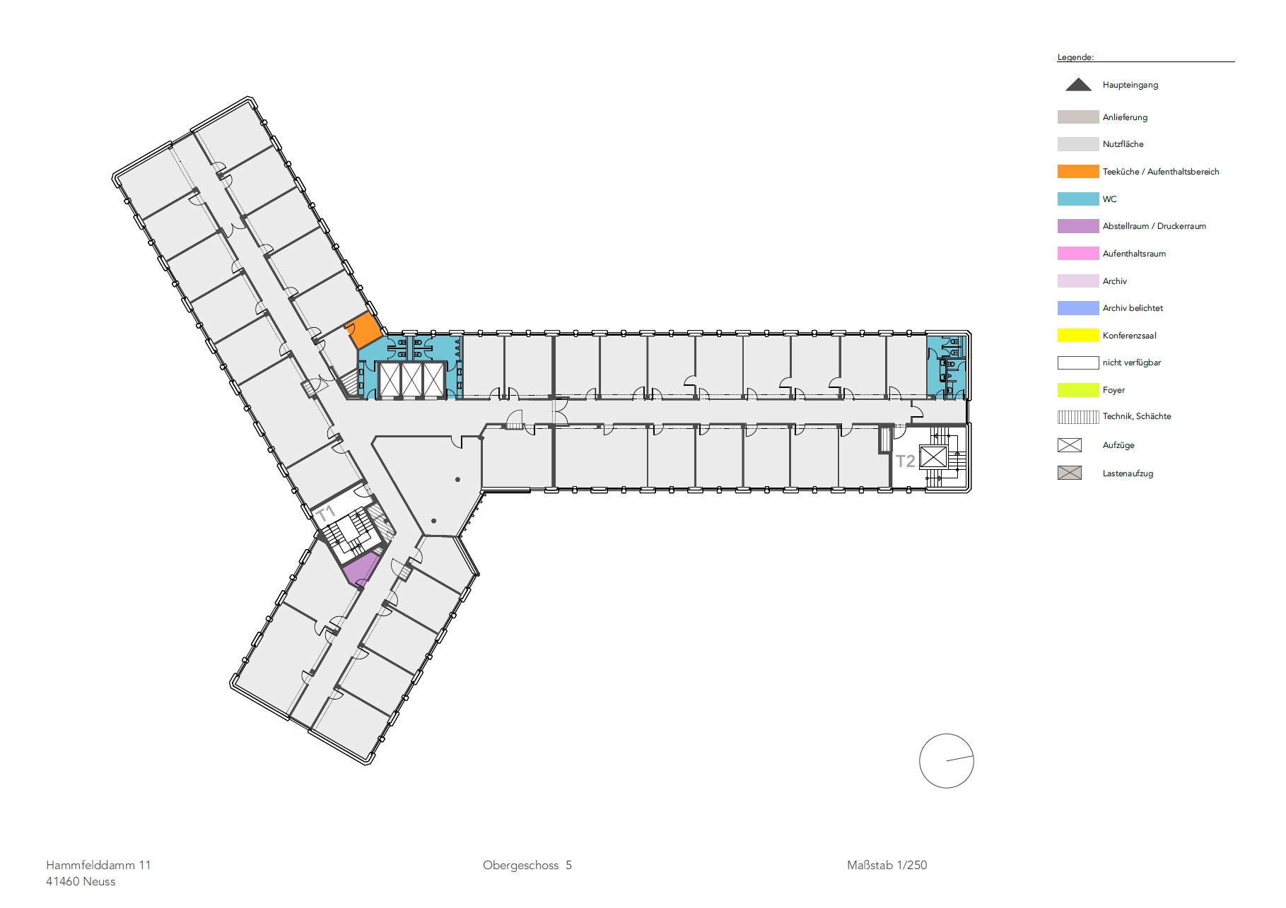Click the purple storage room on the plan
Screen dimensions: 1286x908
click(362, 570)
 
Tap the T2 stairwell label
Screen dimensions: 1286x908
click(906, 461)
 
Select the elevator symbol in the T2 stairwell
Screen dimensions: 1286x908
click(933, 457)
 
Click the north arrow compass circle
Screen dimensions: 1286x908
click(947, 761)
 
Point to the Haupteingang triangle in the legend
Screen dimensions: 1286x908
click(1078, 85)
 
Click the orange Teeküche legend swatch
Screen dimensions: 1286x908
click(1078, 171)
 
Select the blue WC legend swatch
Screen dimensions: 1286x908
click(1078, 199)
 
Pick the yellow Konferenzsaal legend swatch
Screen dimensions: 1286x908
click(1078, 335)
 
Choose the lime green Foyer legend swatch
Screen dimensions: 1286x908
click(1078, 389)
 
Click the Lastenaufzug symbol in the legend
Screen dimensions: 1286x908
click(1070, 473)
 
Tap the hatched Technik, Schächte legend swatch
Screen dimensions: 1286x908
click(1078, 416)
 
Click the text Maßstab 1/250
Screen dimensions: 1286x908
click(887, 865)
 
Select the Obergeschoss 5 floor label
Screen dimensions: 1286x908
click(527, 865)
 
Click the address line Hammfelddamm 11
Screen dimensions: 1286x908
click(98, 865)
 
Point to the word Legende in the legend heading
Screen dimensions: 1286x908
click(1075, 57)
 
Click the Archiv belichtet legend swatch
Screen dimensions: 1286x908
click(1078, 307)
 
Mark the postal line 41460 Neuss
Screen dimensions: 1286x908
click(81, 881)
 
